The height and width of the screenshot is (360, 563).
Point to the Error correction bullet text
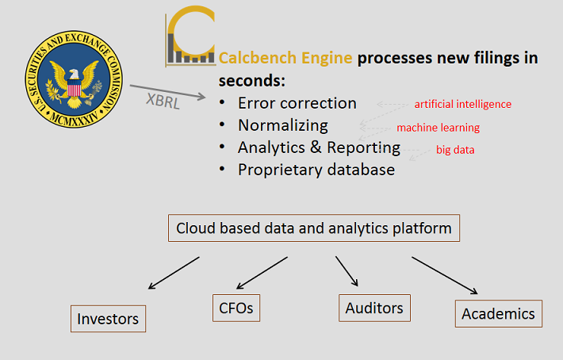click(297, 103)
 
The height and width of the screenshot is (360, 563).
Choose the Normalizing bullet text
click(282, 125)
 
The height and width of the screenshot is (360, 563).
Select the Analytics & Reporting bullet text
click(319, 147)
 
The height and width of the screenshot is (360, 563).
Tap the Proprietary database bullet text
click(316, 170)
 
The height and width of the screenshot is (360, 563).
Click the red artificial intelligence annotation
click(463, 104)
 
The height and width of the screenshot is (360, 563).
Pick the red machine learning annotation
click(438, 128)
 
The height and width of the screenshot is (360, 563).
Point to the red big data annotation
click(455, 149)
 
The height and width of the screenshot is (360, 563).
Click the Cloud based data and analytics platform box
click(314, 229)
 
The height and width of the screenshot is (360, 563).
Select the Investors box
click(108, 319)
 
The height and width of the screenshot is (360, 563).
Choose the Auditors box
click(374, 308)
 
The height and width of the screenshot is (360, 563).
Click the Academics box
click(499, 313)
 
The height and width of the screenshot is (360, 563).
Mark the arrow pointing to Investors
click(174, 271)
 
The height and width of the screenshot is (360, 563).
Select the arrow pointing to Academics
click(444, 275)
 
